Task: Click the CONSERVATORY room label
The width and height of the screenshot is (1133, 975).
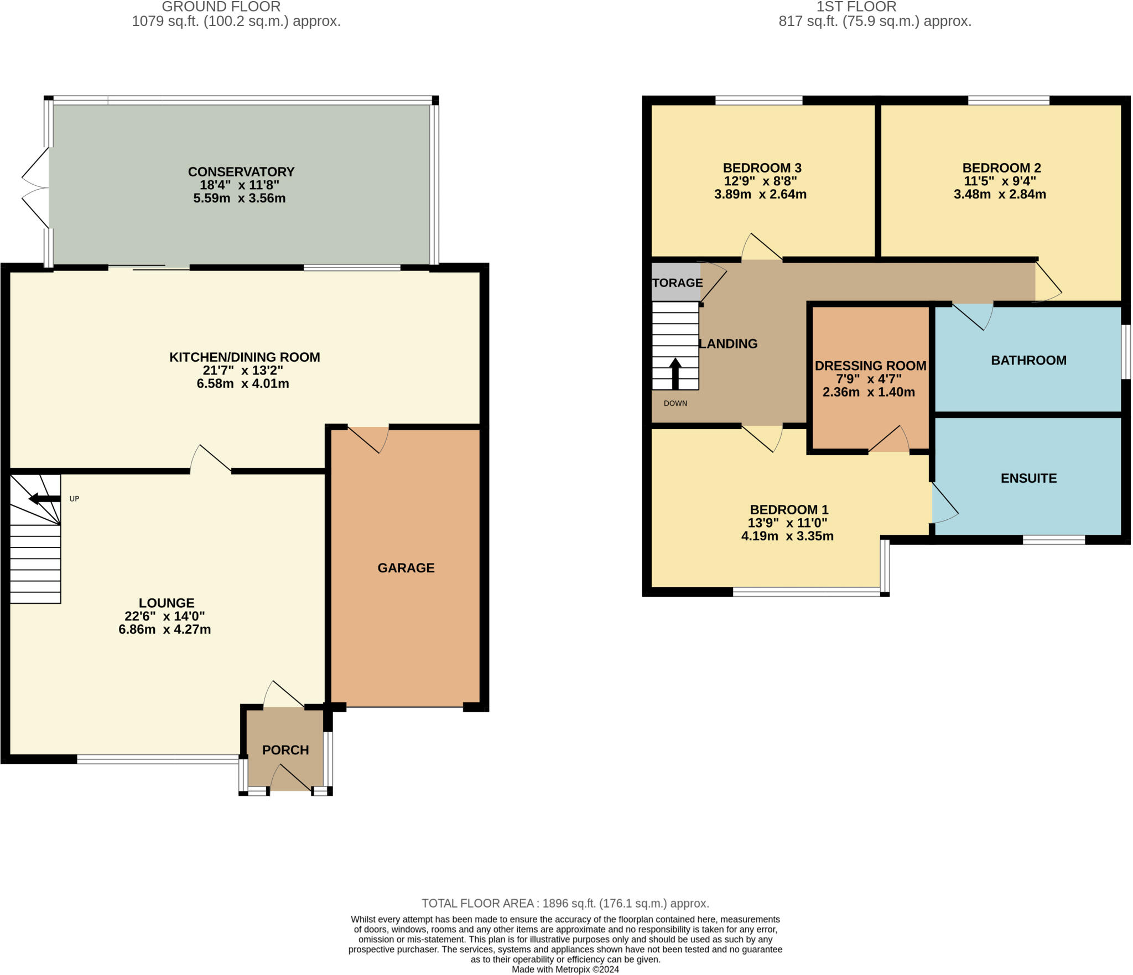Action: coord(241,171)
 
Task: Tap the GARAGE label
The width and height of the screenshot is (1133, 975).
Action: coord(406,568)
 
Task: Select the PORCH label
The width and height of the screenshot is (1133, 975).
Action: coord(285,750)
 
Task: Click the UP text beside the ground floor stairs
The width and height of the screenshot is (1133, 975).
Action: coord(74,499)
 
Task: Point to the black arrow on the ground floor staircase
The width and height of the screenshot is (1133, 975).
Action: coord(44,499)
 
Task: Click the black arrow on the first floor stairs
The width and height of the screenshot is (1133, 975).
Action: coord(675,374)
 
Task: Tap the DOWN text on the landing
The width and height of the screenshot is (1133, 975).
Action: coord(675,403)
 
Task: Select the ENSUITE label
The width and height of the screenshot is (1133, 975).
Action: coord(1028,478)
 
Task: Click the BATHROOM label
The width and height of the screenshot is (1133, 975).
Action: coord(1028,361)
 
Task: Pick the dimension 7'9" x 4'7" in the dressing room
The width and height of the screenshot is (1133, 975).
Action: coord(869,379)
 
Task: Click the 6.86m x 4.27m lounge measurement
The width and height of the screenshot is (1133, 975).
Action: coord(164,629)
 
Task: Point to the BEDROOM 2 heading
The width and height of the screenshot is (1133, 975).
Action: coord(1001,168)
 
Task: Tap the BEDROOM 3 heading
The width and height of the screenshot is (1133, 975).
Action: coord(762,168)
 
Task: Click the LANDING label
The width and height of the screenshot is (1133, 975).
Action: coord(728,344)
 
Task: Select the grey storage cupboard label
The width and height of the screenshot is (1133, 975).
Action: coord(677,283)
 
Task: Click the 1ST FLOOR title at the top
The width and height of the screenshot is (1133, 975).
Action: coord(856,7)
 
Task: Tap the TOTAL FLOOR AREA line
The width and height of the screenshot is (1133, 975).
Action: coord(565,903)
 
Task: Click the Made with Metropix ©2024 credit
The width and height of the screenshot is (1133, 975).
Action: coord(565,969)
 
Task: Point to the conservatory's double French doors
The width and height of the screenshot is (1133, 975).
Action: coord(35,187)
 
